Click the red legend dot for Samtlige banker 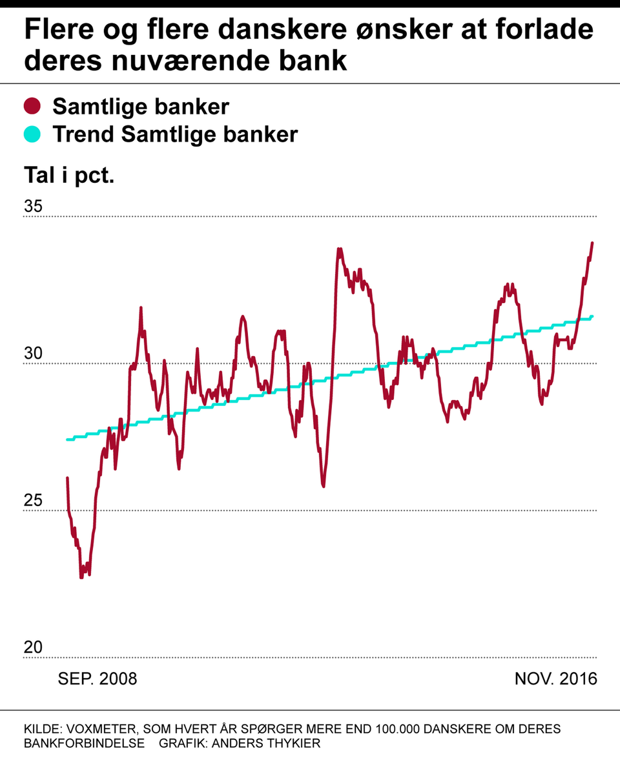tap(32, 106)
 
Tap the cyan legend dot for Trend tap(32, 134)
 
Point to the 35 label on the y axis tap(33, 207)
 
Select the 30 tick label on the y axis tap(33, 354)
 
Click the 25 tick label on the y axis tap(33, 501)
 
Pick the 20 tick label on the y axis tap(33, 648)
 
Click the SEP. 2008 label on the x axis tap(98, 679)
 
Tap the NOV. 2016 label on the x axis tap(555, 679)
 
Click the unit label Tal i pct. tap(69, 175)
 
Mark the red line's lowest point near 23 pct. tap(81, 577)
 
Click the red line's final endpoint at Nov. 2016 tap(592, 243)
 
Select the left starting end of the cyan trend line tap(67, 440)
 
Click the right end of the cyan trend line tap(592, 316)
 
